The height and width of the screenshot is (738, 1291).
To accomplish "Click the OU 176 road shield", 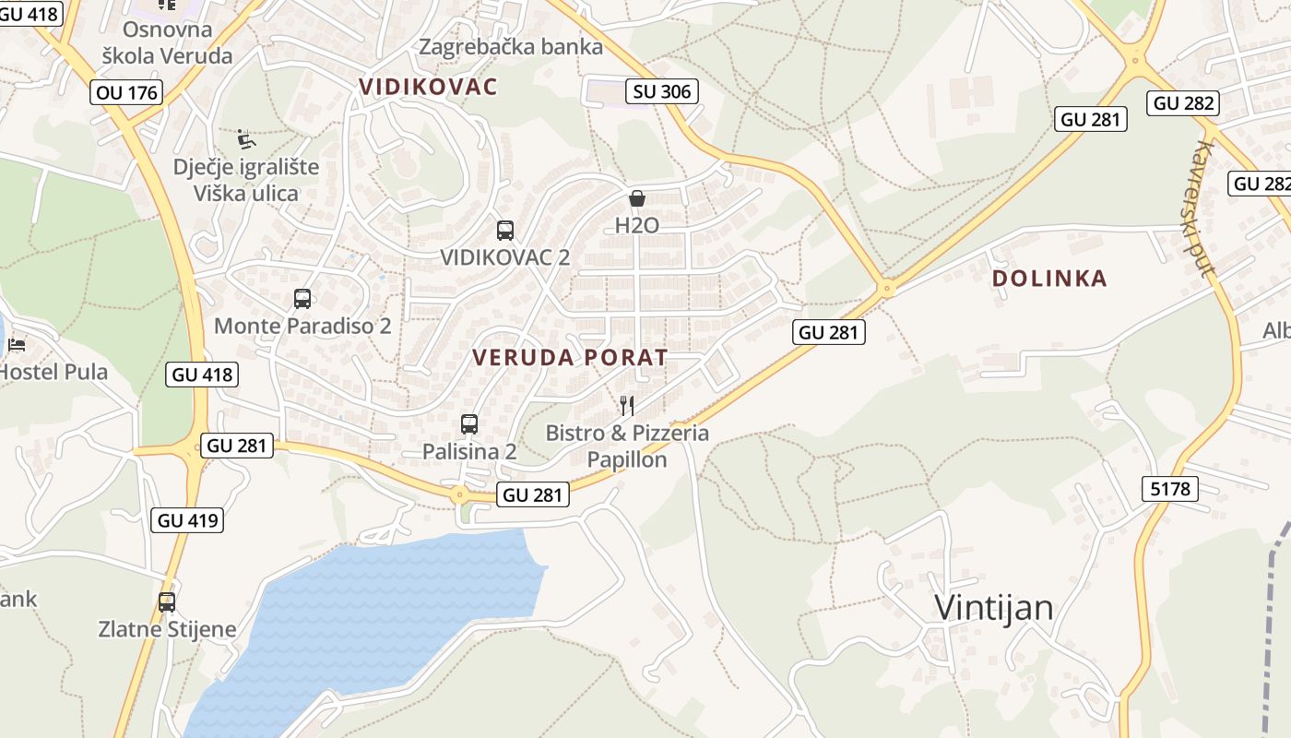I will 127,92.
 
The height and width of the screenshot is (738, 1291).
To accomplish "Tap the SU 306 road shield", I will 661,91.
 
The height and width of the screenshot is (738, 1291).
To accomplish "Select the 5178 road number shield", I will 1170,489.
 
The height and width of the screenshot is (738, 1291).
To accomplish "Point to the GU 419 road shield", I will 188,520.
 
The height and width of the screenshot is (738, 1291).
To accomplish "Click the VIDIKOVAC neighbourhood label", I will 428,88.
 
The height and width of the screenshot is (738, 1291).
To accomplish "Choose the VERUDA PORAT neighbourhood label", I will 570,358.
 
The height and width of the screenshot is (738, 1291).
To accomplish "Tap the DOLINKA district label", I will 1049,279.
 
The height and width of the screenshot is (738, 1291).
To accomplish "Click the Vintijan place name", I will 993,607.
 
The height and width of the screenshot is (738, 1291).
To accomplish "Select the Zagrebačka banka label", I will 511,47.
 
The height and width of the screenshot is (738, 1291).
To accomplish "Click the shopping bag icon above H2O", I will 636,198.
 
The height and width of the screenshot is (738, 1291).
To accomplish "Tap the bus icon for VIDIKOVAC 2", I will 505,231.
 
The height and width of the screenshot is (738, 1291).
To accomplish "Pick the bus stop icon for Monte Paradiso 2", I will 302,299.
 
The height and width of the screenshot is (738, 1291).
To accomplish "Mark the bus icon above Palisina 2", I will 469,424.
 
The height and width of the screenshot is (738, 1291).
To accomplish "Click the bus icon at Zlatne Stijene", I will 167,602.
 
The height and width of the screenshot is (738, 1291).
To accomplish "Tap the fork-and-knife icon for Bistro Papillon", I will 627,405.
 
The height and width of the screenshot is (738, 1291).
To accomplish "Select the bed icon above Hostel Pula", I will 17,346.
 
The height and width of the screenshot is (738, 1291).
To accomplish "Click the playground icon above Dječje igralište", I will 246,139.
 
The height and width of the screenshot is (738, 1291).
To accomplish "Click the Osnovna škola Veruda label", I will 167,42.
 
